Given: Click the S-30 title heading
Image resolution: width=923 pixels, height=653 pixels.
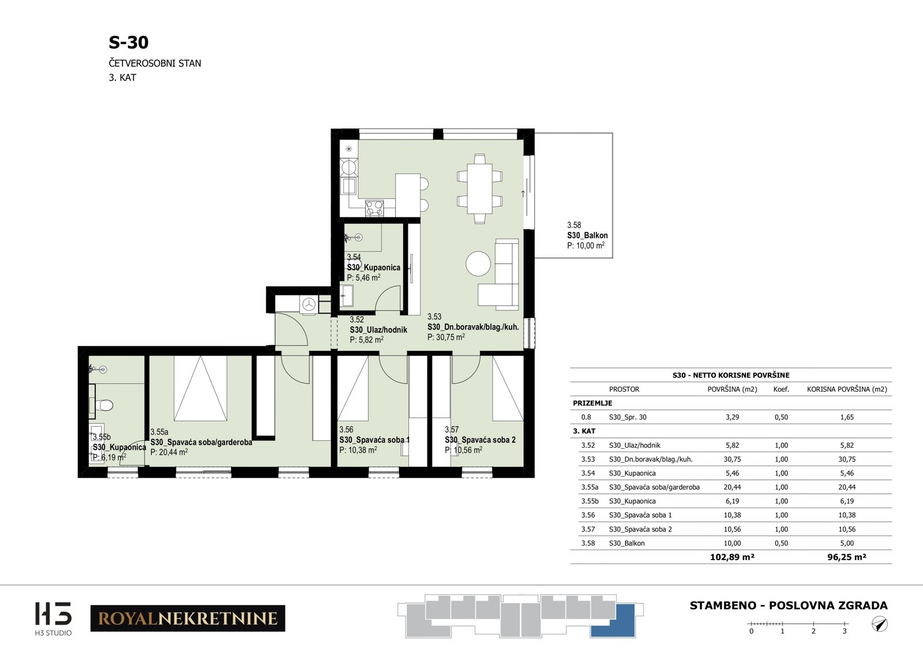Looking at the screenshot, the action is pyautogui.click(x=129, y=43).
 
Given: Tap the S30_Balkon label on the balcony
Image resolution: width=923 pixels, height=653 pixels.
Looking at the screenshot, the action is pyautogui.click(x=587, y=235).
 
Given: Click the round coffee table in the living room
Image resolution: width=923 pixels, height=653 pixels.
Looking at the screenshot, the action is pyautogui.click(x=478, y=264).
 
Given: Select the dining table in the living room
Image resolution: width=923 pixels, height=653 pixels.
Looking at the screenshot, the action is pyautogui.click(x=479, y=188).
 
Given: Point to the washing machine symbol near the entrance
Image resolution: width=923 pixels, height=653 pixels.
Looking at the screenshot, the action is pyautogui.click(x=309, y=305).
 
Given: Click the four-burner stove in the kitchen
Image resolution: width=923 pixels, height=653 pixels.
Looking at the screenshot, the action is pyautogui.click(x=374, y=208).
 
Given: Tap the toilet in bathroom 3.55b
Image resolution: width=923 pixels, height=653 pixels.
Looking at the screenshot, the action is pyautogui.click(x=104, y=405).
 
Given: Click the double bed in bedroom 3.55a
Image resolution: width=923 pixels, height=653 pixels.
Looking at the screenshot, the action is pyautogui.click(x=200, y=388).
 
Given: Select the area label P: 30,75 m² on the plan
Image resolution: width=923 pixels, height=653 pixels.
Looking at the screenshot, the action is pyautogui.click(x=446, y=337).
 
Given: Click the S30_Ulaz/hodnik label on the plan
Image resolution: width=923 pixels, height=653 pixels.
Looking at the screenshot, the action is pyautogui.click(x=378, y=329).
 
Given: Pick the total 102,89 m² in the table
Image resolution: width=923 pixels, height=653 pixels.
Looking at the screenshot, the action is pyautogui.click(x=732, y=557).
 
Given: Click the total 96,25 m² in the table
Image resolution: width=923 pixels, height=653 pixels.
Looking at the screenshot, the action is pyautogui.click(x=847, y=557).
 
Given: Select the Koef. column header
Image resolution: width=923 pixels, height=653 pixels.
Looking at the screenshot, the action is pyautogui.click(x=781, y=389).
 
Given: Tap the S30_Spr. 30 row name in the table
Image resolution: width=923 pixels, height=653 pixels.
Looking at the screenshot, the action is pyautogui.click(x=628, y=417).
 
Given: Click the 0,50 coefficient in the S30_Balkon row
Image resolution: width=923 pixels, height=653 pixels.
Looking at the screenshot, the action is pyautogui.click(x=781, y=543).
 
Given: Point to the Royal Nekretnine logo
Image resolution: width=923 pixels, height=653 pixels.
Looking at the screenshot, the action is pyautogui.click(x=187, y=618).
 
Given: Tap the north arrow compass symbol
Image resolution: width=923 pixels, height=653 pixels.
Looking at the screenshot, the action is pyautogui.click(x=880, y=624).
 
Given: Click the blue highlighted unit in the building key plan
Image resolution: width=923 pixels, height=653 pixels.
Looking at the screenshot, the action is pyautogui.click(x=613, y=621).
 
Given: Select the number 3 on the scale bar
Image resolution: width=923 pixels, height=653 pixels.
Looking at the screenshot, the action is pyautogui.click(x=845, y=631).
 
